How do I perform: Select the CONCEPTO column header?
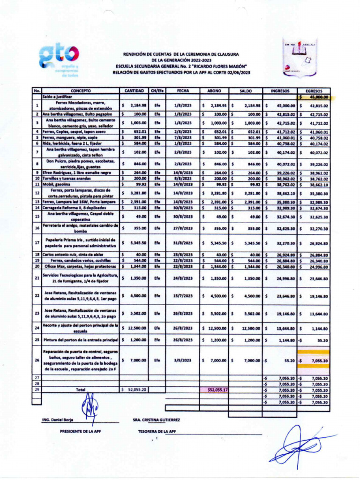tap(80, 90)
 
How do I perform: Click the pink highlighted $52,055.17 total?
tap(215, 390)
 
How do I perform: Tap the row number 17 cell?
tap(37, 243)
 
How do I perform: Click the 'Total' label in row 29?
tap(80, 390)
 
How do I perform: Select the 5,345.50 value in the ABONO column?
tap(215, 243)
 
